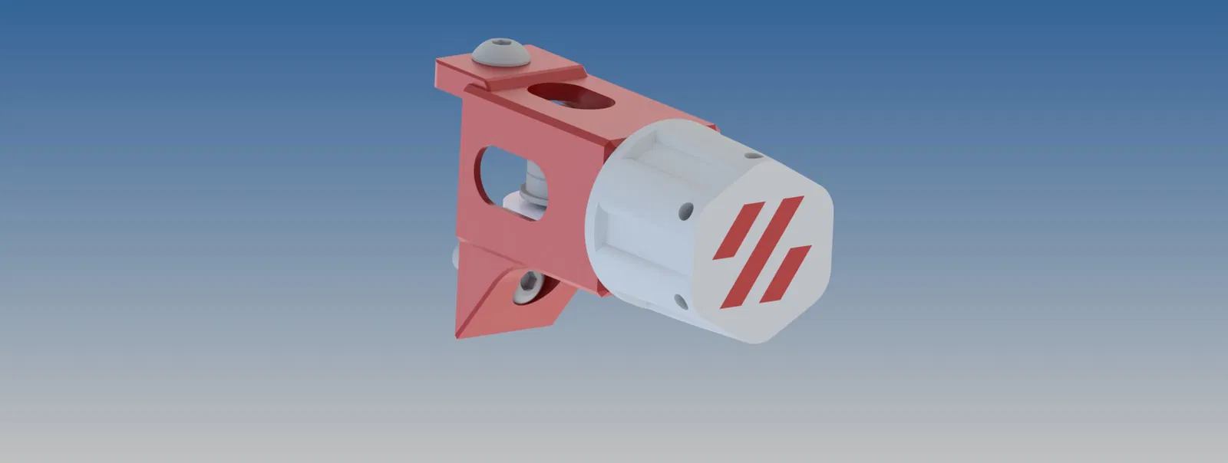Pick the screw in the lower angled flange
point(529,286)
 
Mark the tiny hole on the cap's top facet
point(754,155)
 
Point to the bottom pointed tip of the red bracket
point(458,335)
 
